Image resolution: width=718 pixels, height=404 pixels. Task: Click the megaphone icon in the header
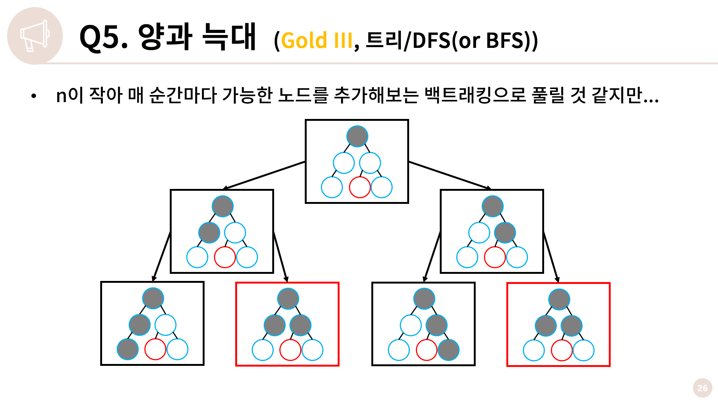pyautogui.click(x=34, y=36)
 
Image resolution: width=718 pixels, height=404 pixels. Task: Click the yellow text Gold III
pyautogui.click(x=316, y=40)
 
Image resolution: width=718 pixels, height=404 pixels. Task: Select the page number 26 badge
pyautogui.click(x=702, y=388)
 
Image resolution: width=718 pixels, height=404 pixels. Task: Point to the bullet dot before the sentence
pyautogui.click(x=34, y=96)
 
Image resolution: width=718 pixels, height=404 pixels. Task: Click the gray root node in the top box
pyautogui.click(x=357, y=136)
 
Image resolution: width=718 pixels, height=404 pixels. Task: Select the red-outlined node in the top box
pyautogui.click(x=360, y=187)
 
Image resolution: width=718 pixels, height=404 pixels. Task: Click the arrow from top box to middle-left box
pyautogui.click(x=264, y=175)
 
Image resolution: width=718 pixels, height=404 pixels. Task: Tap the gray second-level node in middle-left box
pyautogui.click(x=209, y=232)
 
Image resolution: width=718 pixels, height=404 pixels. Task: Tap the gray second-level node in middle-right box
pyautogui.click(x=505, y=232)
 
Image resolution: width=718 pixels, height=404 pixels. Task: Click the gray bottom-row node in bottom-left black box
pyautogui.click(x=128, y=349)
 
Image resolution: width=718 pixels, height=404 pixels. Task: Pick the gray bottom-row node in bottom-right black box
pyautogui.click(x=448, y=350)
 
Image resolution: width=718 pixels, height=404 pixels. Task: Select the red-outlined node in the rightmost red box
pyautogui.click(x=562, y=351)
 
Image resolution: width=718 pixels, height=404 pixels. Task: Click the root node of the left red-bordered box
pyautogui.click(x=288, y=299)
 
